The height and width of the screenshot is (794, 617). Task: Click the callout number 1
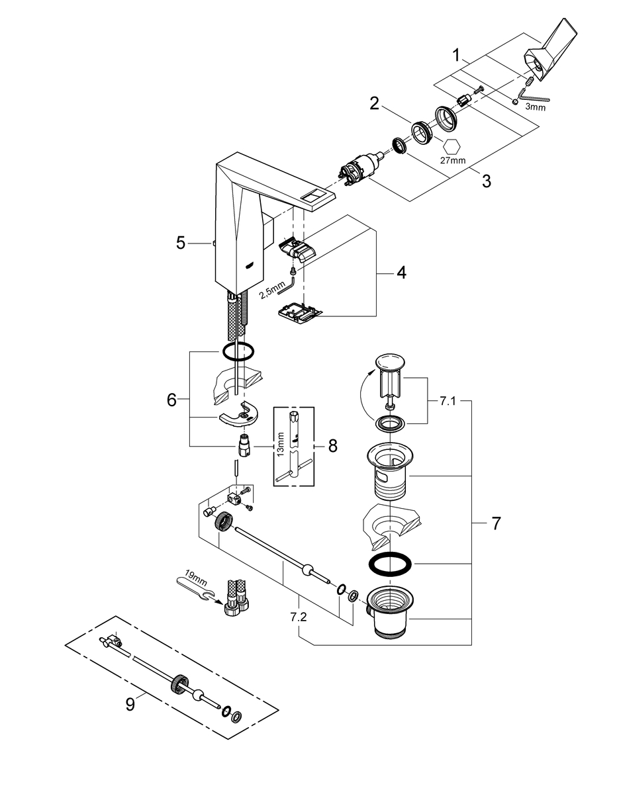[x=456, y=56]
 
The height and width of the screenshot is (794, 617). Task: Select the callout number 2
[x=374, y=103]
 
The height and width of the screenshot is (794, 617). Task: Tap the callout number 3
[x=487, y=181]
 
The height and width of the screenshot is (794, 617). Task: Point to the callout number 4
[x=401, y=273]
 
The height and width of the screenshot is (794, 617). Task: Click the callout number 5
[x=181, y=243]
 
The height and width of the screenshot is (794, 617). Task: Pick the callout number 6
[x=171, y=400]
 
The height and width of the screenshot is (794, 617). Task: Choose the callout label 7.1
[x=448, y=402]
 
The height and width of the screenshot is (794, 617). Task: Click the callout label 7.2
[x=299, y=617]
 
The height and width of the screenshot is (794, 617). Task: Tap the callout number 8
[x=332, y=446]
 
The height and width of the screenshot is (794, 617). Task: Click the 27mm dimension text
[x=453, y=160]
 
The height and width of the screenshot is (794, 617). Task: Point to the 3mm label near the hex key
[x=535, y=107]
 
